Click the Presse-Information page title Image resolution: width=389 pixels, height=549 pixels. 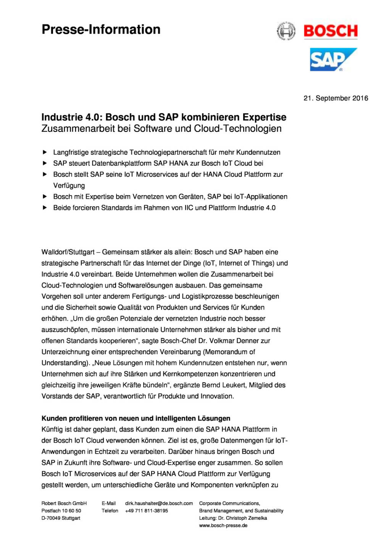[x=101, y=29]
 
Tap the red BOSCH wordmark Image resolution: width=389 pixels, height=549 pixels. [x=331, y=31]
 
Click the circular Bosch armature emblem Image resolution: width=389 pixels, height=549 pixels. [x=286, y=31]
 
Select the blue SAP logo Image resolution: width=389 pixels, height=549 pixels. [x=333, y=59]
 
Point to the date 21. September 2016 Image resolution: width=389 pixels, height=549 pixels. [x=336, y=98]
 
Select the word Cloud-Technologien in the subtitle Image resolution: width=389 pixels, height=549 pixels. [x=237, y=128]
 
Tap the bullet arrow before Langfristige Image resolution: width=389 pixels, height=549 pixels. [x=45, y=152]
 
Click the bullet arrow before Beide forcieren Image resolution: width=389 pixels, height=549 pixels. [x=45, y=208]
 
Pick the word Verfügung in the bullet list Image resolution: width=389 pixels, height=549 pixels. [x=69, y=186]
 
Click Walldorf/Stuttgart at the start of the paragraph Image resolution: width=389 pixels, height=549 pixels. [x=68, y=252]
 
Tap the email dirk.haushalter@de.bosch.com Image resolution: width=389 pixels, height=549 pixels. [x=159, y=503]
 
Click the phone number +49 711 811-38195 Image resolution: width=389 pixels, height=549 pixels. [x=146, y=510]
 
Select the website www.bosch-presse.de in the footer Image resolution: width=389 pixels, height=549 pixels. [x=223, y=525]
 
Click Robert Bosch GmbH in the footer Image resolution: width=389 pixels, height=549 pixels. [x=64, y=503]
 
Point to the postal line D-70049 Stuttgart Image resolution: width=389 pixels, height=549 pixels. [x=61, y=518]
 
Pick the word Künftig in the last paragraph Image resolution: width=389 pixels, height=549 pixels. [x=52, y=429]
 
